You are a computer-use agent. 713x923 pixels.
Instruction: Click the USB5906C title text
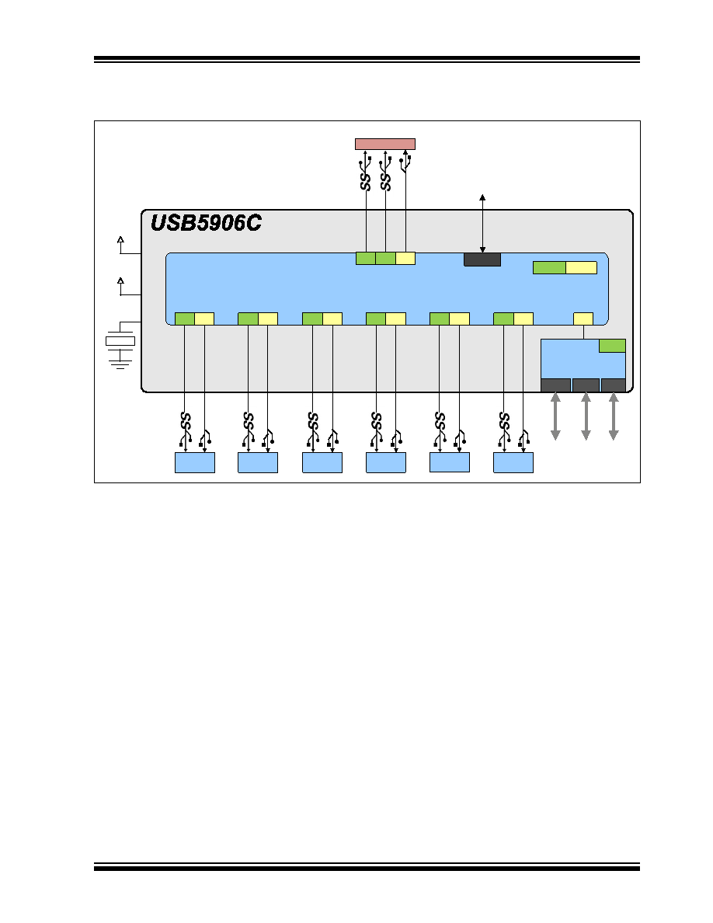coord(206,222)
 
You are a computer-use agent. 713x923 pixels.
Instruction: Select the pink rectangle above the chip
coord(384,145)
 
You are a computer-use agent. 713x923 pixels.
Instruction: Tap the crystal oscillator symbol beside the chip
coord(120,341)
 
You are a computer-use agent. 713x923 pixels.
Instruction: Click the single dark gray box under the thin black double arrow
coord(482,259)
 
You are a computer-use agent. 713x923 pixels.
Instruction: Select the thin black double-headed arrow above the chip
coord(482,224)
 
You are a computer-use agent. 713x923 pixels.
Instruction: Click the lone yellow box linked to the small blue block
coord(583,319)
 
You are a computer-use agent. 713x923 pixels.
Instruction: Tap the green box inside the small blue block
coord(612,346)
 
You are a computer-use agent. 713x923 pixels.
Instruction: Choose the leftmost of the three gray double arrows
coord(555,416)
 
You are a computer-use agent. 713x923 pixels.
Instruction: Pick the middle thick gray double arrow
coord(586,416)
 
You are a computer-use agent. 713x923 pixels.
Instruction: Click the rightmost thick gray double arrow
coord(614,416)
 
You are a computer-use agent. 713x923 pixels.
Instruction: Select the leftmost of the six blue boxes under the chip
coord(195,463)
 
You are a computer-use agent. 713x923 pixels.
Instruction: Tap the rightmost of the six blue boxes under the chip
coord(513,463)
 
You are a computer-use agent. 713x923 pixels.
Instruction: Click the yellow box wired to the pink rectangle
coord(405,258)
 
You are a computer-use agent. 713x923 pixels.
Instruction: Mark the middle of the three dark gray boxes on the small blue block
coord(586,385)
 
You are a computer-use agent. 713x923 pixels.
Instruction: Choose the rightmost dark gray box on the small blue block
coord(614,385)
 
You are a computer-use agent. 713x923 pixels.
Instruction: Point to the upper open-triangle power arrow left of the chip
coord(120,239)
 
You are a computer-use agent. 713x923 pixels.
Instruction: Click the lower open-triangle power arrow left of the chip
coord(120,280)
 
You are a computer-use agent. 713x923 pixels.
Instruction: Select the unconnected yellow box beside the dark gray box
coord(581,268)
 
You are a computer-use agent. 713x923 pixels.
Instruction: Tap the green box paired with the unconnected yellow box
coord(549,268)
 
